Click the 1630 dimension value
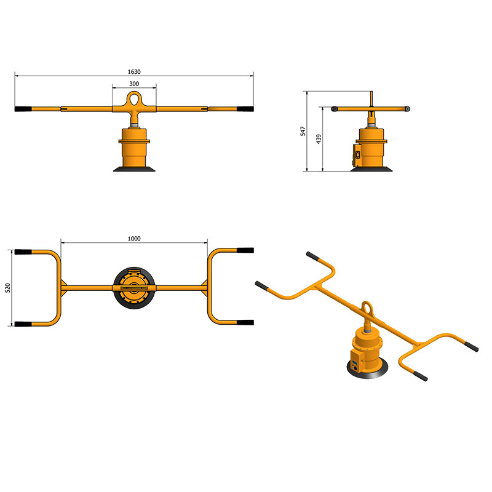tap(134, 71)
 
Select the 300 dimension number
tap(133, 84)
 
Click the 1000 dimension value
tap(134, 238)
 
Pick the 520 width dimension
tap(8, 287)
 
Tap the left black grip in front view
tap(23, 109)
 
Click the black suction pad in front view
tap(134, 169)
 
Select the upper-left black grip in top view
tap(23, 252)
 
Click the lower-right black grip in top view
tap(245, 322)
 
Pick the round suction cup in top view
tap(134, 287)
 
